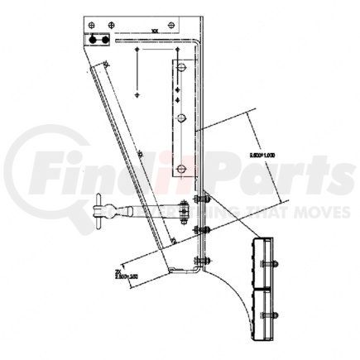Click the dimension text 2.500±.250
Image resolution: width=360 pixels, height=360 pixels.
pyautogui.click(x=121, y=273)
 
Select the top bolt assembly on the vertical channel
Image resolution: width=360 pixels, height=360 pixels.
pyautogui.click(x=199, y=198)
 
